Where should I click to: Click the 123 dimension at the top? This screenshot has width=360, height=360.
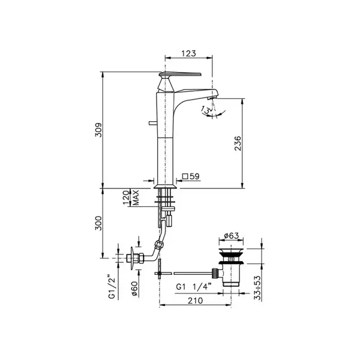[x=189, y=53]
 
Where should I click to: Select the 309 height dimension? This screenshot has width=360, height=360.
[x=98, y=130]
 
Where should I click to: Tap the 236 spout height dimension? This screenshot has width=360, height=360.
[x=238, y=143]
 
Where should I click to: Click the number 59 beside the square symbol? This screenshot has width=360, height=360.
[x=194, y=176]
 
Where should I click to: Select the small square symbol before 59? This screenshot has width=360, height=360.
[x=185, y=176]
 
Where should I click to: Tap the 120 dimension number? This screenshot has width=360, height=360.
[x=126, y=197]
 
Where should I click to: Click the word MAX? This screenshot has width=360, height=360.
[x=136, y=197]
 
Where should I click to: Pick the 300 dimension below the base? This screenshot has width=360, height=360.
[x=98, y=223]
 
